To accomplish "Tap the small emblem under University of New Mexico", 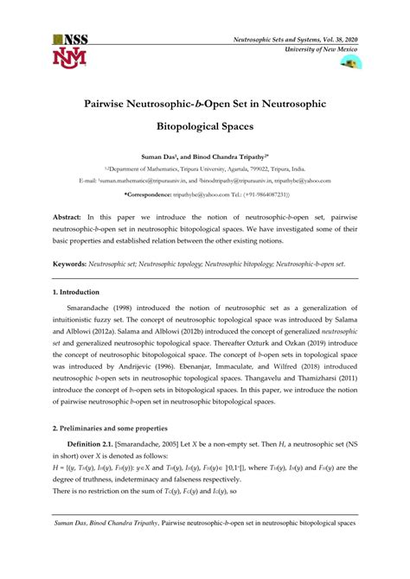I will point(351,63).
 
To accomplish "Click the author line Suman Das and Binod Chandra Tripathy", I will point(205,160).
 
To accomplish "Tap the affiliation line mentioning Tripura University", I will point(205,171).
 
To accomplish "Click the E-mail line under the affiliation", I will point(205,182).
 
